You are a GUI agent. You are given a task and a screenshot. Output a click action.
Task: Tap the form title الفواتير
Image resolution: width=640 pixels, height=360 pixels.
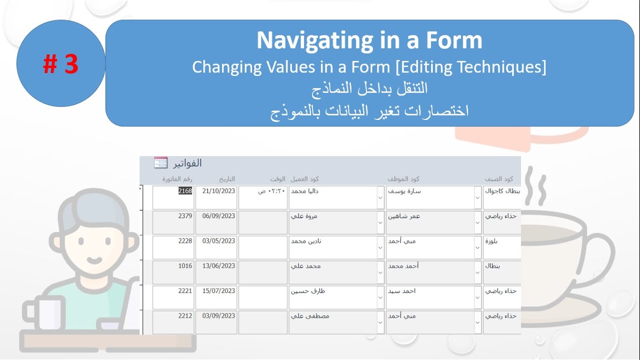[186, 163]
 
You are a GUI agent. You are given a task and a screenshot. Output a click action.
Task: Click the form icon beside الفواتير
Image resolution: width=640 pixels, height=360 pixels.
[160, 162]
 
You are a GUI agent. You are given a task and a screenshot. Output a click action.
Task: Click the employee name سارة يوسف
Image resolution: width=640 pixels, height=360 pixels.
[404, 191]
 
